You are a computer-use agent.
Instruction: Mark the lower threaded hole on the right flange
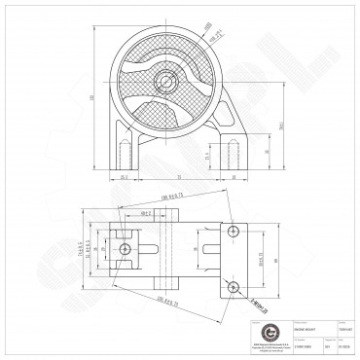pyautogui.click(x=234, y=286)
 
